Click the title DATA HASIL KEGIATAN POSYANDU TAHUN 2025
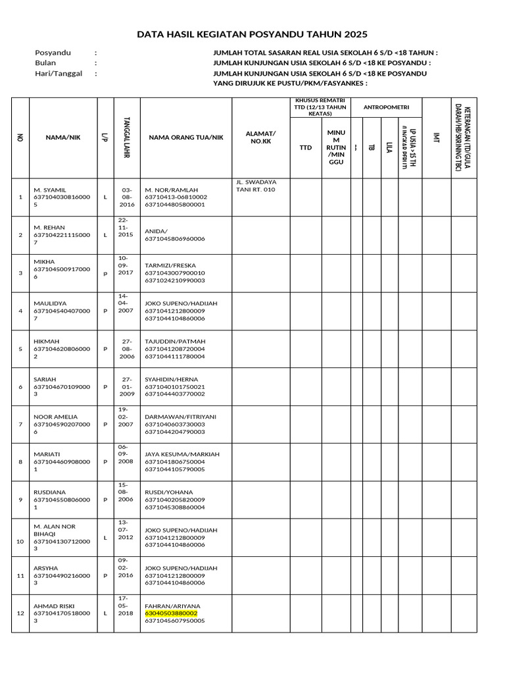tap(252, 34)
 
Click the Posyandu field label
tap(53, 53)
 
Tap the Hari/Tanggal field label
tap(58, 74)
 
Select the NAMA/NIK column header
tap(63, 137)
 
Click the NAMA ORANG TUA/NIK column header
tap(186, 137)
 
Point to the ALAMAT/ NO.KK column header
tap(260, 137)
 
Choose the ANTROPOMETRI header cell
tap(386, 107)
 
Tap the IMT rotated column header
tap(436, 137)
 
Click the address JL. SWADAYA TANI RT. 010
tap(256, 185)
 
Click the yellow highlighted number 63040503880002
tap(171, 613)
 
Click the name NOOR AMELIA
tap(55, 417)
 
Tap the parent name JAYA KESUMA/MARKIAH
tap(182, 454)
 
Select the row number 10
tap(20, 541)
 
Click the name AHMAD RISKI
tap(55, 606)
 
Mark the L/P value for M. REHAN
tap(105, 234)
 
